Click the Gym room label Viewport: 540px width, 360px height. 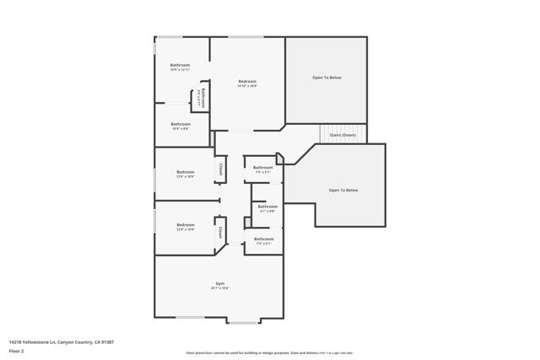coord(219,283)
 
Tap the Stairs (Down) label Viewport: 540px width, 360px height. coord(343,135)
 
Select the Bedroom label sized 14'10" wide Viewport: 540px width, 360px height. coord(246,82)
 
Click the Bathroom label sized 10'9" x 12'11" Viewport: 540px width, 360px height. coord(180,66)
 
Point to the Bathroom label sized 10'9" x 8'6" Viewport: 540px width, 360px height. coord(180,124)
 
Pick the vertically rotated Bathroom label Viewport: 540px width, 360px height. coord(202,97)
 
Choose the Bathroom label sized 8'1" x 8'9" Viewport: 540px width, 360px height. coord(267,207)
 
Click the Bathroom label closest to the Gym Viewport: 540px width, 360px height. coord(263,239)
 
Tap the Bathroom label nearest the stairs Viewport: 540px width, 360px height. coord(263,167)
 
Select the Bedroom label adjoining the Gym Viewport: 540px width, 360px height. coord(185,224)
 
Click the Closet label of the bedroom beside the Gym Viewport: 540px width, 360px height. coord(220,230)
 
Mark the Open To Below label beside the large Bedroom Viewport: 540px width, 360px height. coord(327,78)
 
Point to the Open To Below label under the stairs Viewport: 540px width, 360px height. coord(343,190)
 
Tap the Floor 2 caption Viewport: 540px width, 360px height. coord(17,353)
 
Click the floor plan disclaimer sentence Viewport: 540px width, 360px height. coord(269,353)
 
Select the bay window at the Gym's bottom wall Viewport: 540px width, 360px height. coord(245,321)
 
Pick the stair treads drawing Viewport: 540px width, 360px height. coord(343,134)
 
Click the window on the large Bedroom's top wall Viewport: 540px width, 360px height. coord(246,36)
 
